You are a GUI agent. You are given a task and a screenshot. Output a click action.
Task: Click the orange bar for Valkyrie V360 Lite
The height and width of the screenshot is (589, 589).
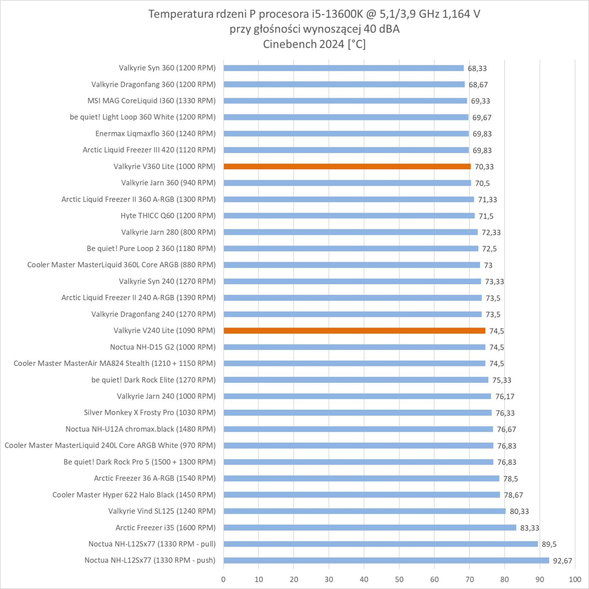pos(347,166)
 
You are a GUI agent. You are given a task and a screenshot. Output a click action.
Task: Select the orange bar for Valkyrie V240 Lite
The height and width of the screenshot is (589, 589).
pos(354,331)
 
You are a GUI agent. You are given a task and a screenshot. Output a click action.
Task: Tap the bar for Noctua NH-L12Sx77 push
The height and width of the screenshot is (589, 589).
pos(386,560)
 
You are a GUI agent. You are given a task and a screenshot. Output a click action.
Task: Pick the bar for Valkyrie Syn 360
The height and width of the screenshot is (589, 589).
pos(343,68)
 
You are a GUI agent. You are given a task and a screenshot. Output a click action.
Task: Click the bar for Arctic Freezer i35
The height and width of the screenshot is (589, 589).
pos(370,528)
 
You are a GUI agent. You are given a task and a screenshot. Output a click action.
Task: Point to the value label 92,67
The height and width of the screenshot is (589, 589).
pos(562,561)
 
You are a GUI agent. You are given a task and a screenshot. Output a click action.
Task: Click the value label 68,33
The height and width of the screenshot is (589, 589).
pos(477,68)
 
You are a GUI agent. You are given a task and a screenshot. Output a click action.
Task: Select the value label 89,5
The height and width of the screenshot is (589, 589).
pos(549,544)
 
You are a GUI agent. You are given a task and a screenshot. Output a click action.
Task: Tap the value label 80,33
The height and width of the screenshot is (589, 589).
pos(519,511)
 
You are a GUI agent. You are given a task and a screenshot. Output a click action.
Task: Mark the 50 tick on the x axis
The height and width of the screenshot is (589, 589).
pos(399,579)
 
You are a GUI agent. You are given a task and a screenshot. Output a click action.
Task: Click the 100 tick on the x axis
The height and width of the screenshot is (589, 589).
pos(575,579)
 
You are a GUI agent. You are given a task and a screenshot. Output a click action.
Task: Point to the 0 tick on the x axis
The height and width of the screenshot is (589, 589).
pos(223,579)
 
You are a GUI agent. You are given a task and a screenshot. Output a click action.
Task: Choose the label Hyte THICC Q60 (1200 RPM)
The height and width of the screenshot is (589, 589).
pos(168,216)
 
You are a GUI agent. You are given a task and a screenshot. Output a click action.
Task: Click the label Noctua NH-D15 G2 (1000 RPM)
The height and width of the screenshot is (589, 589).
pos(163,347)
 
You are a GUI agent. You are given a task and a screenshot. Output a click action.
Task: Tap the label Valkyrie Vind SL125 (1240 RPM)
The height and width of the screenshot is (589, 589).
pos(162,511)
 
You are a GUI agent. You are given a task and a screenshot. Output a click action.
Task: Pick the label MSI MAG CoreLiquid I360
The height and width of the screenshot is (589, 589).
pos(151,101)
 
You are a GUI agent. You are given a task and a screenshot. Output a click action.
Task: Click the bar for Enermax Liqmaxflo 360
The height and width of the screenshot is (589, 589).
pos(346,134)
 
